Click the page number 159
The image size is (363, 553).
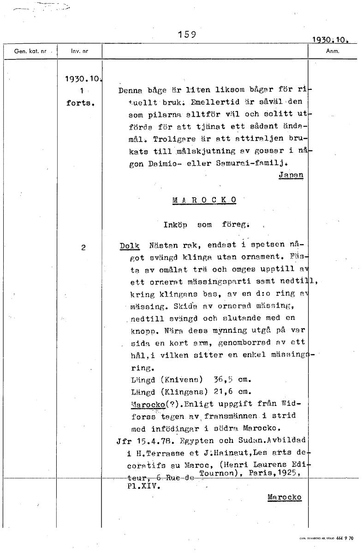(187, 35)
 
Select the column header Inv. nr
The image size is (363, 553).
(79, 51)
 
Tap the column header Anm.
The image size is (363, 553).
(332, 51)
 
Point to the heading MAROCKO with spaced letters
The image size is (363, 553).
(204, 200)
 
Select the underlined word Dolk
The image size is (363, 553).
(129, 246)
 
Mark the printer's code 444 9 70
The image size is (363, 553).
(345, 538)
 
